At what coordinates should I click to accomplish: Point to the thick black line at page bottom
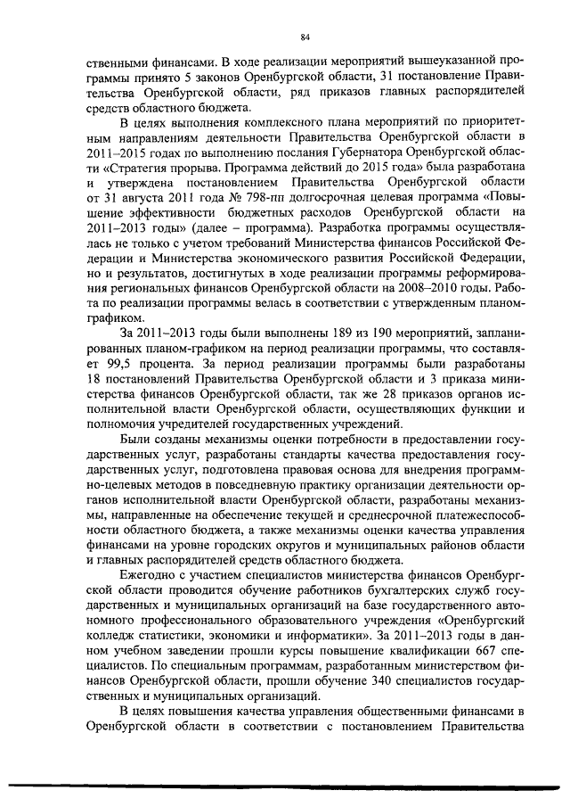285,784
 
